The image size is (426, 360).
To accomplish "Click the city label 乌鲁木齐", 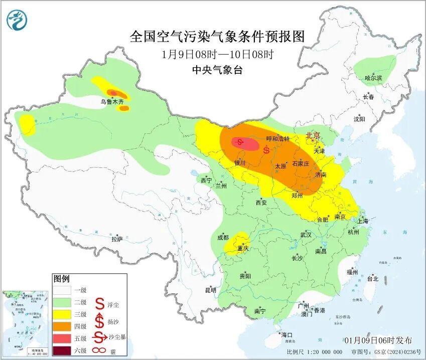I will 111,102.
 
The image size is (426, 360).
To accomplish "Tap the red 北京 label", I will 314,135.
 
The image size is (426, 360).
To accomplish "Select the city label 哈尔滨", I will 373,78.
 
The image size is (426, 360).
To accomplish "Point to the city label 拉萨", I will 117,239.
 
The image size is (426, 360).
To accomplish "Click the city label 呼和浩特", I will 278,139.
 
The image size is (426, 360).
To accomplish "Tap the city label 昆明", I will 210,290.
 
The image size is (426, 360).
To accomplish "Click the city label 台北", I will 372,278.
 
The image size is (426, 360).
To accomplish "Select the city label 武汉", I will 306,235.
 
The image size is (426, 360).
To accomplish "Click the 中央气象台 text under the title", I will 217,70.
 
